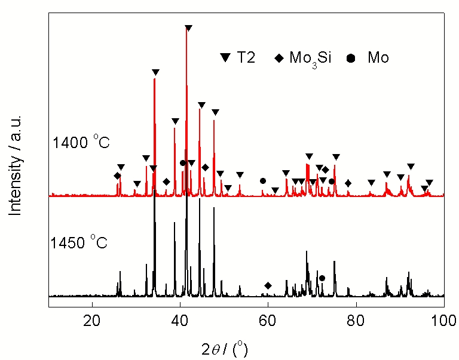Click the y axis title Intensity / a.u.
pyautogui.click(x=16, y=164)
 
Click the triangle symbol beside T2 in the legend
pyautogui.click(x=226, y=58)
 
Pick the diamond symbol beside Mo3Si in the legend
pyautogui.click(x=279, y=58)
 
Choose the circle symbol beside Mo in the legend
pyautogui.click(x=351, y=58)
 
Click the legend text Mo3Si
pyautogui.click(x=310, y=59)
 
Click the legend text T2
pyautogui.click(x=246, y=58)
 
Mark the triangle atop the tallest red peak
pyautogui.click(x=188, y=28)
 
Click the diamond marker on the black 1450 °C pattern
pyautogui.click(x=268, y=286)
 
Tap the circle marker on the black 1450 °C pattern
pyautogui.click(x=322, y=278)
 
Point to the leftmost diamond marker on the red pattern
pyautogui.click(x=117, y=176)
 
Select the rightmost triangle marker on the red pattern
pyautogui.click(x=429, y=183)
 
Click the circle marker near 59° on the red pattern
pyautogui.click(x=262, y=181)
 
